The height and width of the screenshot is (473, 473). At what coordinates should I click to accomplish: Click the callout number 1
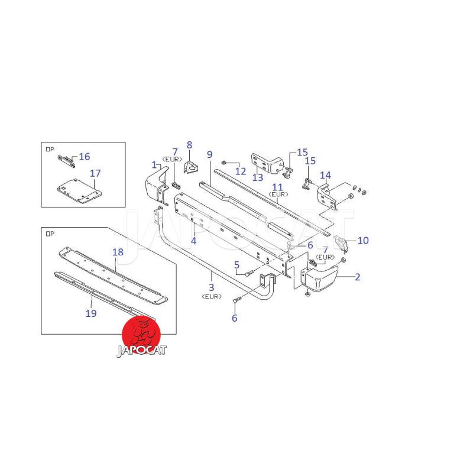154,165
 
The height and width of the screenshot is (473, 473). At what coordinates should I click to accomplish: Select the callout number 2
358,277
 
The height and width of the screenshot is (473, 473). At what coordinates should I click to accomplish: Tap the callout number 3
212,287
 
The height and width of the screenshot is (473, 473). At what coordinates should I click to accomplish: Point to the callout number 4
194,241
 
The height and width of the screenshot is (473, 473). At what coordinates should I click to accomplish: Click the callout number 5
237,265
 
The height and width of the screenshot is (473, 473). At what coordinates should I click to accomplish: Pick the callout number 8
189,145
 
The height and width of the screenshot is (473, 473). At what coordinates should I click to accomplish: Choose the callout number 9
210,154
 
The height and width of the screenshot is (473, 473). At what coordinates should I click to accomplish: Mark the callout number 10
363,241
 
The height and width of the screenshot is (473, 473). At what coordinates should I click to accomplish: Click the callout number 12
241,171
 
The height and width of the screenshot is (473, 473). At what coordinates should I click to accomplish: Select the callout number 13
258,177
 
